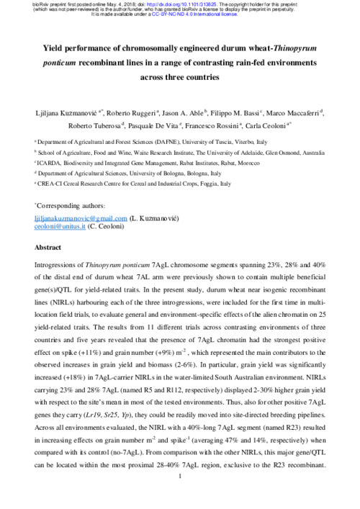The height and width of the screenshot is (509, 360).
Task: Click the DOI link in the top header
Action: click(x=177, y=4)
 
